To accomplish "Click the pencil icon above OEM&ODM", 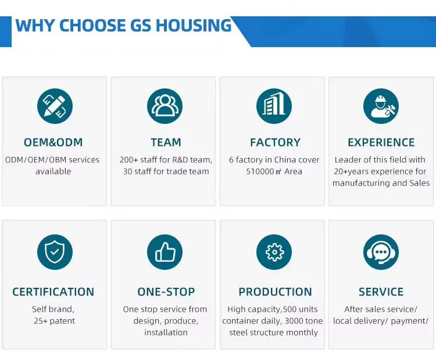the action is (x=55, y=106).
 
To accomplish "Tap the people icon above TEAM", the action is (x=165, y=106).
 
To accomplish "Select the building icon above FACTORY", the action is (x=274, y=106).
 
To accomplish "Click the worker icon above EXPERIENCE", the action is (x=381, y=106).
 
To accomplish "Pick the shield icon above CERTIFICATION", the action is (x=55, y=252).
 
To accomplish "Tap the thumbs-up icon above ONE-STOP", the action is (x=165, y=252).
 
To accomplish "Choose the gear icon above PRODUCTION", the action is (x=274, y=252).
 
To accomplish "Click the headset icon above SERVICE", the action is (x=381, y=252).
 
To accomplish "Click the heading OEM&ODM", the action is (x=53, y=142).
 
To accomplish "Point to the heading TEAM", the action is (x=166, y=142).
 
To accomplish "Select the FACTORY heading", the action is (x=276, y=142).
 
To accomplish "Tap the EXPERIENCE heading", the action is (x=381, y=142).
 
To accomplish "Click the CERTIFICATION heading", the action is (x=53, y=292).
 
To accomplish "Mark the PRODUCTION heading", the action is (x=276, y=292).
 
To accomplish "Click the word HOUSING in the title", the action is (x=194, y=26).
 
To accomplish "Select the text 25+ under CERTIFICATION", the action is (x=41, y=321).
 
